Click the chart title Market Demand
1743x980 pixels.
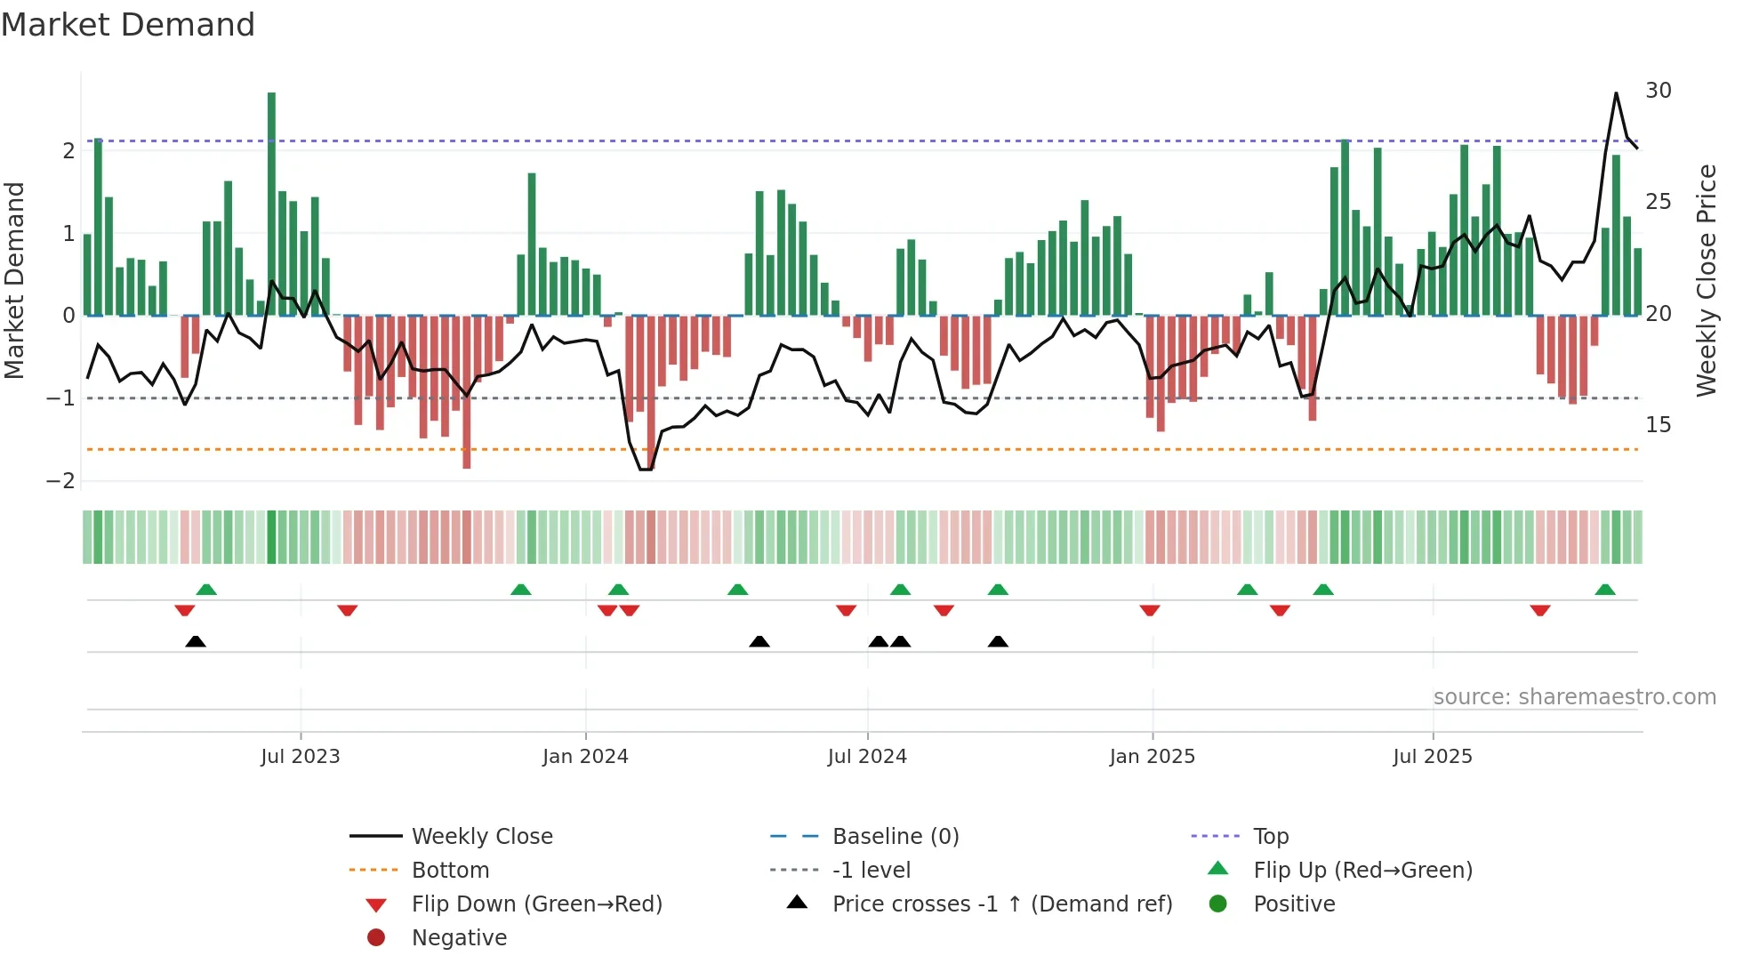coord(128,25)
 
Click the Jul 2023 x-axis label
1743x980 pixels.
coord(301,757)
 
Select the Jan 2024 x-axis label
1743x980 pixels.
coord(585,757)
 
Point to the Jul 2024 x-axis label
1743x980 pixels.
coord(867,757)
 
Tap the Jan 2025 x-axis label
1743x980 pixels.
coord(1153,757)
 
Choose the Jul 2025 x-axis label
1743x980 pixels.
coord(1433,757)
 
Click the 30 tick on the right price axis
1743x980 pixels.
coord(1659,91)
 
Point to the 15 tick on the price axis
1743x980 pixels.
coord(1659,425)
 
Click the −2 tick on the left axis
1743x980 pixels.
coord(61,481)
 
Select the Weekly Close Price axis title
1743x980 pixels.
coord(1706,280)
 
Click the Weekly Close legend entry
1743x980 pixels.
coord(482,837)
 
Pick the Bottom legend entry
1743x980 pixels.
coord(450,871)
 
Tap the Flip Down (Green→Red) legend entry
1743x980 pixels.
coord(536,904)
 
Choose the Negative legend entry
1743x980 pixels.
coord(459,938)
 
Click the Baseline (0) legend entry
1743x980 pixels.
coord(896,837)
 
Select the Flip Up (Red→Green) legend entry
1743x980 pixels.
coord(1362,871)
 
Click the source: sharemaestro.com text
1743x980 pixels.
coord(1574,697)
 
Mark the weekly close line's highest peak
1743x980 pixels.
coord(1616,93)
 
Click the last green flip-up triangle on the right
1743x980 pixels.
coord(1605,590)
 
